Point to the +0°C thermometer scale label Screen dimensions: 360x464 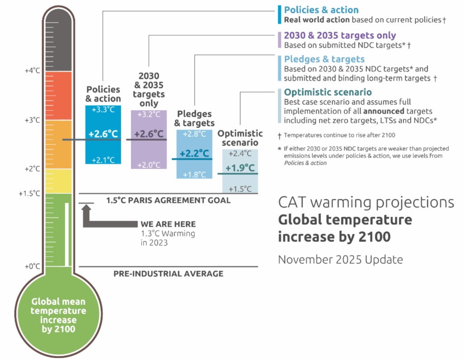coord(33,266)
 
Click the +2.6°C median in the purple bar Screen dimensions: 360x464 coord(149,134)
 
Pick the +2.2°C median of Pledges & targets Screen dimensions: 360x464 coord(194,154)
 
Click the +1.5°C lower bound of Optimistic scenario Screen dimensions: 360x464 coord(240,188)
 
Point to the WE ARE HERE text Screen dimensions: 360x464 coord(168,224)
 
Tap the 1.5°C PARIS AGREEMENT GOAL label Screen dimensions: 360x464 coord(168,200)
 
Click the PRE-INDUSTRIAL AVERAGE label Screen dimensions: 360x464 coord(168,274)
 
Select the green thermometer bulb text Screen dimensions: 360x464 coord(58,316)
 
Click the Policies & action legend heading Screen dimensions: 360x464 coord(321,10)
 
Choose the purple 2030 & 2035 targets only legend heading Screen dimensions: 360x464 coord(339,35)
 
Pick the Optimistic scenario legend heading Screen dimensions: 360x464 coord(328,92)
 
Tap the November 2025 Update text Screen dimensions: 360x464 coord(340,260)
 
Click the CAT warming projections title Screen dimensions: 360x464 coord(366,202)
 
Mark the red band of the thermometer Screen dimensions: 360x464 coord(58,96)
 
